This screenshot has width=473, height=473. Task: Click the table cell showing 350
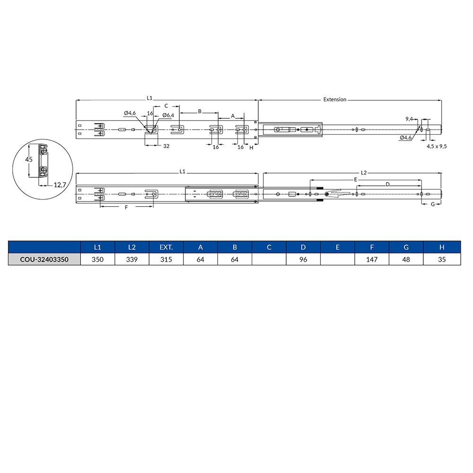(x=97, y=260)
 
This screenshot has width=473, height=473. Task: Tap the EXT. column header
(x=166, y=247)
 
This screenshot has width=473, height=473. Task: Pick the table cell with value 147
(x=372, y=260)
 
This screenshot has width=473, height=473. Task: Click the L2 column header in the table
(x=132, y=247)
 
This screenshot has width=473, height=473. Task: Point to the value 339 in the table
(x=132, y=260)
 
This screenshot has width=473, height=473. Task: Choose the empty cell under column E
(x=337, y=260)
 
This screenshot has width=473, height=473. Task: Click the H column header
(x=441, y=247)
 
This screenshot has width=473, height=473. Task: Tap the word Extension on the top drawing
(x=334, y=100)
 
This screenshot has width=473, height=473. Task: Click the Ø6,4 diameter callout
(x=168, y=115)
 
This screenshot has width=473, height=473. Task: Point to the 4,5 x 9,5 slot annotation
(x=437, y=147)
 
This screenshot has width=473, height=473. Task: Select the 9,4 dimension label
(x=409, y=118)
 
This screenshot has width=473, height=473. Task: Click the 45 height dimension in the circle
(x=29, y=160)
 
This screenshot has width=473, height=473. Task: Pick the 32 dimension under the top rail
(x=166, y=147)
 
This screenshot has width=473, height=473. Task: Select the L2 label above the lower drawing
(x=364, y=173)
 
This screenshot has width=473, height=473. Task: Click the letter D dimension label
(x=387, y=184)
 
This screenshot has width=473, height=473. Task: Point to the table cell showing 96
(x=303, y=260)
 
